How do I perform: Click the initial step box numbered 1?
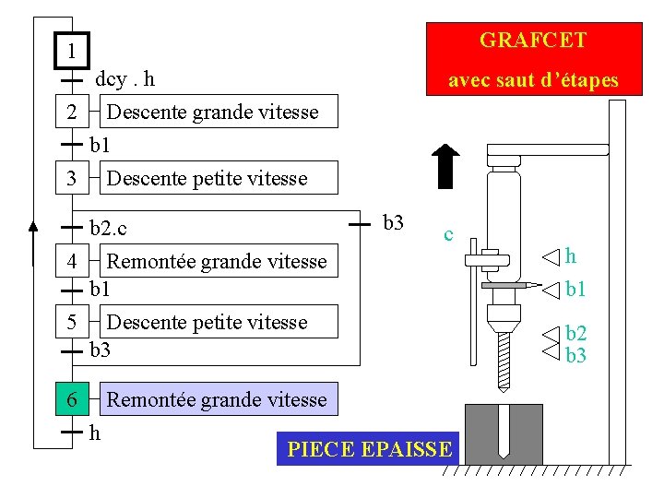click(x=72, y=49)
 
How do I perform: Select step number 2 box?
click(x=72, y=113)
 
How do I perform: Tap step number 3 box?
click(x=72, y=178)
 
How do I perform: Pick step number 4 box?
click(x=72, y=261)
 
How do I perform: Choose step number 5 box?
click(x=72, y=322)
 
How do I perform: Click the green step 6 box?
click(x=72, y=399)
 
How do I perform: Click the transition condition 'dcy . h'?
click(x=125, y=79)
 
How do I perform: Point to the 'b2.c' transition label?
click(x=108, y=226)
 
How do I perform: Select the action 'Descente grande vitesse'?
click(x=213, y=113)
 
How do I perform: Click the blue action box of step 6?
click(x=218, y=399)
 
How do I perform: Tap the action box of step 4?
click(x=218, y=261)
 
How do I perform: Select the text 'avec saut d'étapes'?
click(x=532, y=81)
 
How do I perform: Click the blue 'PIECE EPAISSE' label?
click(x=369, y=450)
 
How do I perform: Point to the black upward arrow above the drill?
click(x=445, y=166)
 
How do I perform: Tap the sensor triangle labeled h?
click(x=551, y=256)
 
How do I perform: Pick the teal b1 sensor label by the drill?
click(x=575, y=290)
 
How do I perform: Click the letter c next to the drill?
click(x=447, y=234)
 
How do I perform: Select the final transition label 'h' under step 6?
click(x=95, y=432)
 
